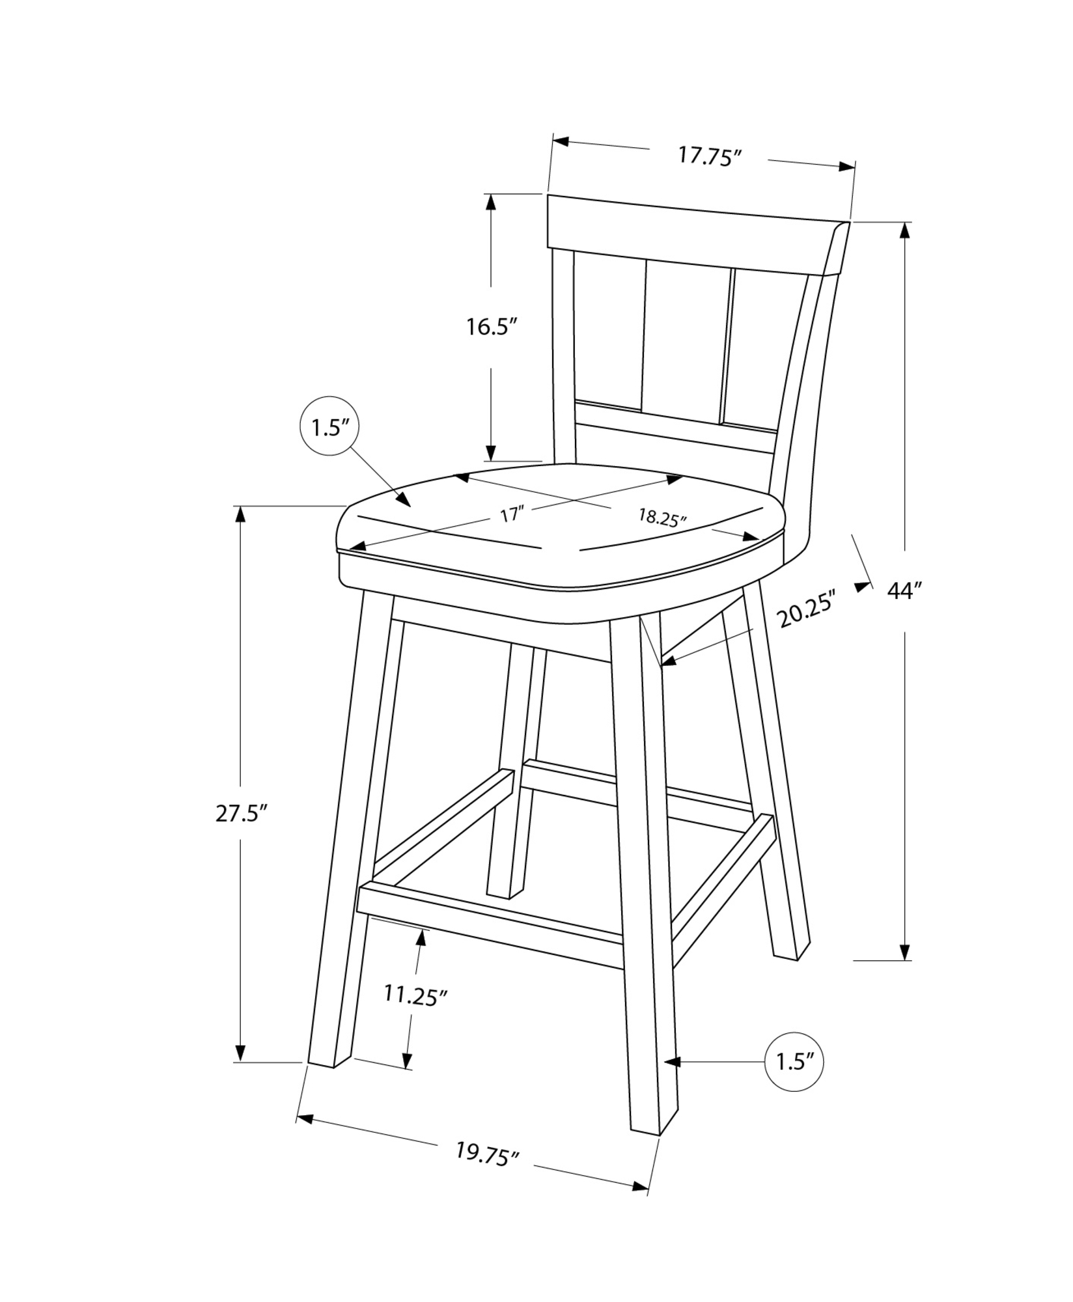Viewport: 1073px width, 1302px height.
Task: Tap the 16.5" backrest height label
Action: tap(491, 326)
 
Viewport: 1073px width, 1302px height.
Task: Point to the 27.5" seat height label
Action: tap(242, 813)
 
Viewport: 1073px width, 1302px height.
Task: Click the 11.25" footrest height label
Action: tap(415, 995)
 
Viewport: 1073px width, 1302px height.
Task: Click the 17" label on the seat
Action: tap(512, 514)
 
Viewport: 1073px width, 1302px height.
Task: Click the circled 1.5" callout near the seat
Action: tap(329, 427)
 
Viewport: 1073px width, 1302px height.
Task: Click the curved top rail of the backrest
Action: tap(698, 234)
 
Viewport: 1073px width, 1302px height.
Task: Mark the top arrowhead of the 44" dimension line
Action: tap(904, 231)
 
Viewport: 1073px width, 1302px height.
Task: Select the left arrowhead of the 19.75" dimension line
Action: tap(305, 1120)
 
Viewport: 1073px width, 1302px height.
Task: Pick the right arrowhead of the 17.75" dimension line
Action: tap(846, 167)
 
